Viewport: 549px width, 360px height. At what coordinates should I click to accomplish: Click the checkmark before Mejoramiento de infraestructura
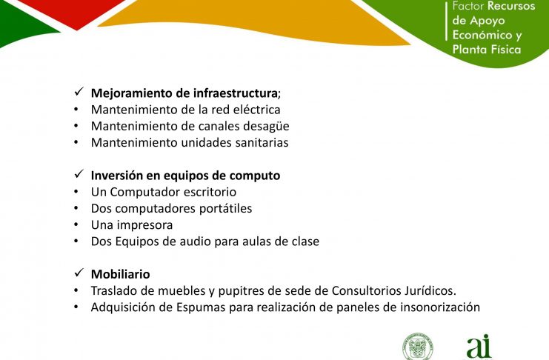pos(79,92)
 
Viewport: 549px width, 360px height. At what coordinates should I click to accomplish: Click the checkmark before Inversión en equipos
pos(79,173)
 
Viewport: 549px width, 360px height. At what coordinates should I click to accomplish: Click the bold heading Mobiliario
pos(121,274)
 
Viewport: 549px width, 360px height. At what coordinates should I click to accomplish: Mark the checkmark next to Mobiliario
pos(79,273)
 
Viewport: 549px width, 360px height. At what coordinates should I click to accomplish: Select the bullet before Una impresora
pos(76,225)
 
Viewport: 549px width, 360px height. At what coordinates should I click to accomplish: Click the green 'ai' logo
pos(479,347)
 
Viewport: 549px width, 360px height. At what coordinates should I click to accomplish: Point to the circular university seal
pos(418,347)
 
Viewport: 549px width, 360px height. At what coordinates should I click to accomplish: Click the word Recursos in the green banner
pos(511,6)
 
